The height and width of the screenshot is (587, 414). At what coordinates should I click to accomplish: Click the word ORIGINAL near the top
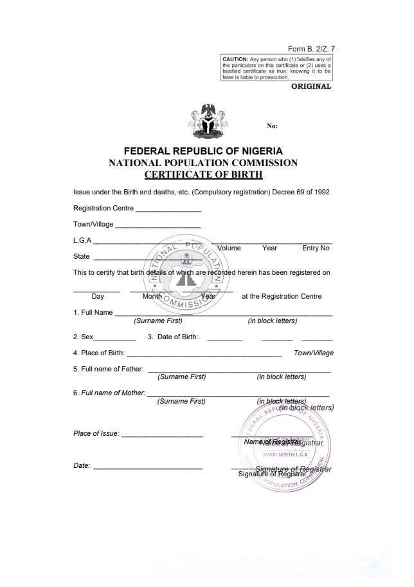pyautogui.click(x=311, y=86)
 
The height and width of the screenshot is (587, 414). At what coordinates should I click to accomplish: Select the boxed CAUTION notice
pyautogui.click(x=276, y=68)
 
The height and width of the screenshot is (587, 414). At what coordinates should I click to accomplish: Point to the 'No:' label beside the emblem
pyautogui.click(x=272, y=126)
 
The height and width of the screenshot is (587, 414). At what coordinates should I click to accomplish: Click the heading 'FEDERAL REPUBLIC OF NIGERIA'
pyautogui.click(x=203, y=151)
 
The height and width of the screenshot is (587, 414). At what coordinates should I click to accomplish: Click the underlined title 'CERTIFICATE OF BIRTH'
pyautogui.click(x=203, y=174)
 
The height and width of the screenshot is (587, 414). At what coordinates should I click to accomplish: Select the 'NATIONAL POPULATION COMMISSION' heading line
pyautogui.click(x=203, y=163)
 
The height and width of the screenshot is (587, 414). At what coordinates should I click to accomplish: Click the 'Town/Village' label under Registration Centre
pyautogui.click(x=93, y=224)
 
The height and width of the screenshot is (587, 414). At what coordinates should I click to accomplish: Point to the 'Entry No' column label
pyautogui.click(x=316, y=248)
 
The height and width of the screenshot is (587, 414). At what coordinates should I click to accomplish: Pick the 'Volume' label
pyautogui.click(x=229, y=248)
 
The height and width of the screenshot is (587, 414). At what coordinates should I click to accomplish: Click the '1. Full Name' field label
pyautogui.click(x=93, y=312)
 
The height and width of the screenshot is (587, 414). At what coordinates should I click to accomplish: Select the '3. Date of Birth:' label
pyautogui.click(x=173, y=337)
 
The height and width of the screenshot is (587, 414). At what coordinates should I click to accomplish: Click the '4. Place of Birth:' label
pyautogui.click(x=99, y=353)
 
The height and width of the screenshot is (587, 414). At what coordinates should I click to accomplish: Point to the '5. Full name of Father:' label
pyautogui.click(x=108, y=369)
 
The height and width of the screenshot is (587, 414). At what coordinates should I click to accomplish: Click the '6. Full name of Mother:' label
pyautogui.click(x=109, y=393)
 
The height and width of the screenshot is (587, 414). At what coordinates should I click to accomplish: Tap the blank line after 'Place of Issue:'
pyautogui.click(x=162, y=436)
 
